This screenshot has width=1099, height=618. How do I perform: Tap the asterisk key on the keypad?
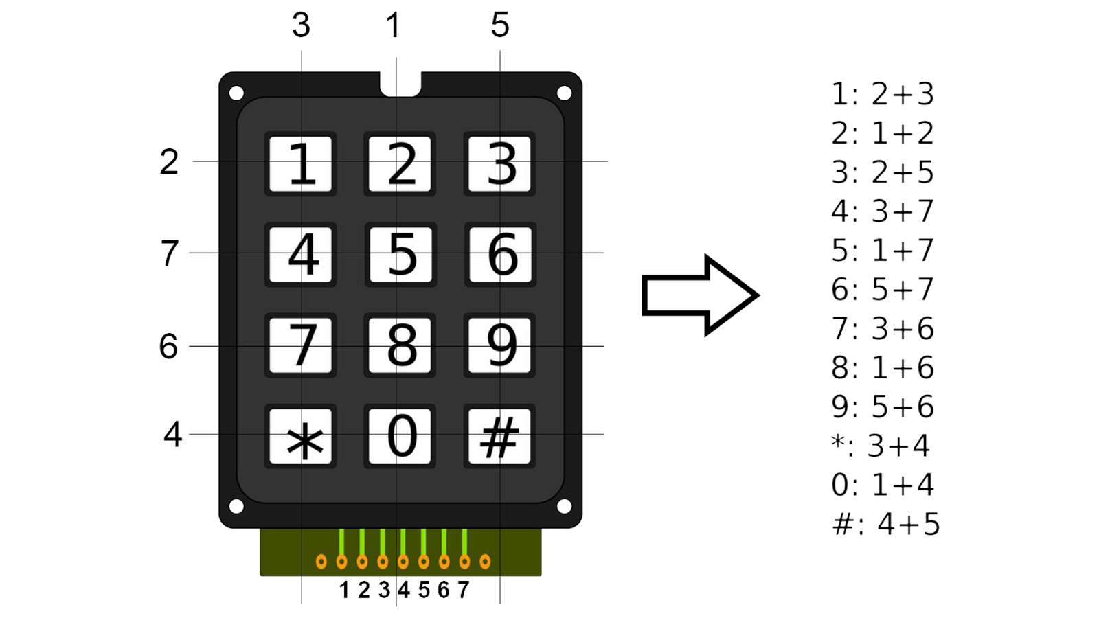[301, 437]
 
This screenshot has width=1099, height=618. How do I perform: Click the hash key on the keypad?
[499, 437]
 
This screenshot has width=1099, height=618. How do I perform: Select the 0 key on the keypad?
[400, 437]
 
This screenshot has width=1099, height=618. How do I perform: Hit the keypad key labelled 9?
[499, 345]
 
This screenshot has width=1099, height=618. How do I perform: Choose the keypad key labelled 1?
[301, 164]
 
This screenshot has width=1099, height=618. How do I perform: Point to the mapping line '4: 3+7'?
[883, 211]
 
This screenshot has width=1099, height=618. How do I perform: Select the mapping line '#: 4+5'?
[885, 525]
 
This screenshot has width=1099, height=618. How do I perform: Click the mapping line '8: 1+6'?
[883, 367]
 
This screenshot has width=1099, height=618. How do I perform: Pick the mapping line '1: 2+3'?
[883, 94]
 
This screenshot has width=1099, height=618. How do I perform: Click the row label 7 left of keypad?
[169, 253]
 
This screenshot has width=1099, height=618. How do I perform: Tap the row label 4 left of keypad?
[172, 435]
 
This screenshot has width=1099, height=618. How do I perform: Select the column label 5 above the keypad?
[500, 25]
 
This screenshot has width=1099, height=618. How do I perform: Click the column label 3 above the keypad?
[301, 25]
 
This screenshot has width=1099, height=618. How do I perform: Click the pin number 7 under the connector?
[464, 590]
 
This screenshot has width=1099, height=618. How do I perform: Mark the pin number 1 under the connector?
[344, 590]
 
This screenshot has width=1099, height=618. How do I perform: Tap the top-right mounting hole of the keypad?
[564, 93]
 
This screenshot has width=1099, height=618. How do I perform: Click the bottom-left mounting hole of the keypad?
[236, 507]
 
